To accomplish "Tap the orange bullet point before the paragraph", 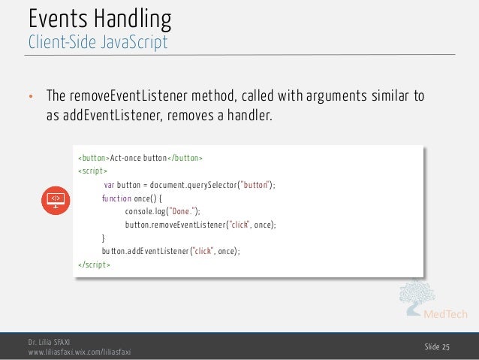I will pyautogui.click(x=31, y=98).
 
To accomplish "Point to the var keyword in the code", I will pyautogui.click(x=109, y=185).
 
